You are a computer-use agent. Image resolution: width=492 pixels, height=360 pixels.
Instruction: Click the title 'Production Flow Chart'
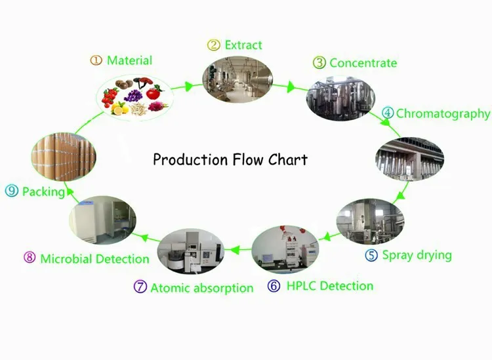[x=230, y=159]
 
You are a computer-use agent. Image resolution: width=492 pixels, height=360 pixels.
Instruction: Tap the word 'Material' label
[x=130, y=60]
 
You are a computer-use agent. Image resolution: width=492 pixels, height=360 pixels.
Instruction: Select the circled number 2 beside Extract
[x=213, y=45]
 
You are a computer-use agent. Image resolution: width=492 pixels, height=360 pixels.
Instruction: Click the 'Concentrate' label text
[x=363, y=63]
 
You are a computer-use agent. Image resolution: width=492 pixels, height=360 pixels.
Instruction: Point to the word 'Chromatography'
[x=443, y=114]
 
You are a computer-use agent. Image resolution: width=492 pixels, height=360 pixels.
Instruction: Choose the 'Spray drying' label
[x=417, y=256]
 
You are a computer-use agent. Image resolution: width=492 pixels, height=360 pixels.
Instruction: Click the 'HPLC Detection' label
[x=330, y=286]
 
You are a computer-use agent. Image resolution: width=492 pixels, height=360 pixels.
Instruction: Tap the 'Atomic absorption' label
[x=202, y=288]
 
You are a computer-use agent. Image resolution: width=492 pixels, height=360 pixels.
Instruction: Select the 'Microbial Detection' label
[x=94, y=259]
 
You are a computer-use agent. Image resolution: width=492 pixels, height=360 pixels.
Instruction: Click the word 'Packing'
[x=43, y=191]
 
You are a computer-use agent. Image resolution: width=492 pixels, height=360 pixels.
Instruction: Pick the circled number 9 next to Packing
[x=12, y=191]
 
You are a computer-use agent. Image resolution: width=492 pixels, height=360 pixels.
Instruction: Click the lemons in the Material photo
[x=120, y=108]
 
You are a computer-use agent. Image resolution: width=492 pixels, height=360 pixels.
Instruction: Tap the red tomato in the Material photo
[x=154, y=93]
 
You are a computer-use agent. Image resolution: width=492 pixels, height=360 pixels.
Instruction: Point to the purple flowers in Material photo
[x=134, y=95]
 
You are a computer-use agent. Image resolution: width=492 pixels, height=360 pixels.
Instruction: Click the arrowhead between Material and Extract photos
[x=188, y=87]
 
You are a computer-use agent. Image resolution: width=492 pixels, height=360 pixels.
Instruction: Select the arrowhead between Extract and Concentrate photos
[x=291, y=87]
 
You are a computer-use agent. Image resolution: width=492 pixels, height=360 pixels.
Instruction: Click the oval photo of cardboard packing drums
[x=64, y=157]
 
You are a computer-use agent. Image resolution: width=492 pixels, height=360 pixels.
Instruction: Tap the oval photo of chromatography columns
[x=409, y=159]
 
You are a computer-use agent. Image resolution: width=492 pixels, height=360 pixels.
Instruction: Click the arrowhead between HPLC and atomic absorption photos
[x=236, y=250]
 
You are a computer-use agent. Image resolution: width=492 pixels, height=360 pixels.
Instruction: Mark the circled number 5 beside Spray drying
[x=371, y=255]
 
